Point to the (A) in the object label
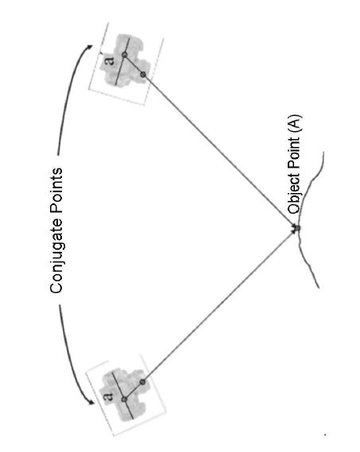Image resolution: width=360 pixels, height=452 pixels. click(x=295, y=124)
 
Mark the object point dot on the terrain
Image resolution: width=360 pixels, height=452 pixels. click(x=297, y=228)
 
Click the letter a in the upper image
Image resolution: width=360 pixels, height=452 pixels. click(x=110, y=61)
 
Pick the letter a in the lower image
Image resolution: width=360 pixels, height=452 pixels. click(x=108, y=396)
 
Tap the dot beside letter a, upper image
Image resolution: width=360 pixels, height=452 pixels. click(x=125, y=55)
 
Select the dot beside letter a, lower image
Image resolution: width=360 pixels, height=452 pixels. click(x=124, y=400)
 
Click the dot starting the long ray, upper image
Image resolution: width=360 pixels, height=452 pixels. click(x=143, y=75)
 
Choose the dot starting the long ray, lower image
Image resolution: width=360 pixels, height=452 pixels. click(x=142, y=382)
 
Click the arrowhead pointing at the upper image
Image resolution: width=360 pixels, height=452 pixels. click(x=90, y=47)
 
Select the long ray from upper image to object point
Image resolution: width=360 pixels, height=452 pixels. click(x=220, y=152)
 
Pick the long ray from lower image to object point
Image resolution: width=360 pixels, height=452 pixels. click(x=220, y=305)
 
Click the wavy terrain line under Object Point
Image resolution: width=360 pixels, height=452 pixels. click(x=306, y=219)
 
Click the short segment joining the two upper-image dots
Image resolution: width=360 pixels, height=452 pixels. click(x=134, y=65)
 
